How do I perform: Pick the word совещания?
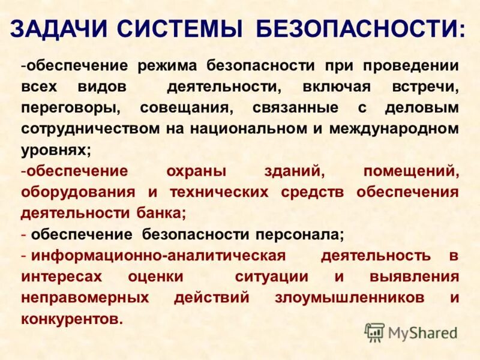coord(185,108)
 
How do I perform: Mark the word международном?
coord(398,129)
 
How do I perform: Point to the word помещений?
coord(411,171)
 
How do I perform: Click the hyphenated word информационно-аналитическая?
coord(159,256)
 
